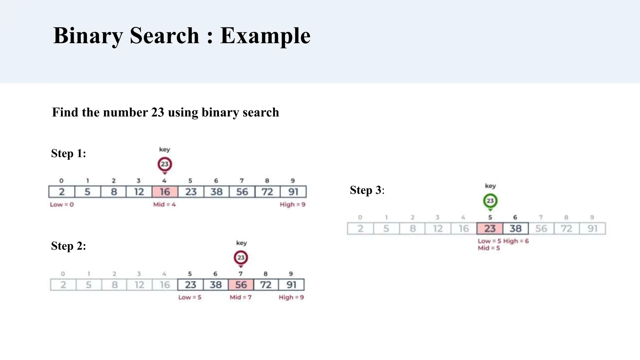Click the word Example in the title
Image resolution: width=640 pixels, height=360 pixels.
tap(265, 36)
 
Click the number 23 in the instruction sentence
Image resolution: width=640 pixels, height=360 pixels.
tap(158, 112)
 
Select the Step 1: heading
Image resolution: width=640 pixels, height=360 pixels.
tap(68, 153)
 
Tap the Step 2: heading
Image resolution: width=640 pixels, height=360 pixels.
tap(68, 246)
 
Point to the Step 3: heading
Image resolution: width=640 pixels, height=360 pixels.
tap(367, 190)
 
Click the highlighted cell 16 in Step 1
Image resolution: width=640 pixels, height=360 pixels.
tap(165, 192)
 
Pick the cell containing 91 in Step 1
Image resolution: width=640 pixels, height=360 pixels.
tap(293, 192)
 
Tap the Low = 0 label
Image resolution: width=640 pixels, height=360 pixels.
tap(62, 205)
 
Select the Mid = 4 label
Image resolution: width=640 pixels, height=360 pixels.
tap(164, 205)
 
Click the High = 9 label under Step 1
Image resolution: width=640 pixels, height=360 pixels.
tap(292, 205)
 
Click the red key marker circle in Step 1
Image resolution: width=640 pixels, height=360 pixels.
tap(165, 164)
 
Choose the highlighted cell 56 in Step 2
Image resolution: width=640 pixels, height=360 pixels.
tap(241, 285)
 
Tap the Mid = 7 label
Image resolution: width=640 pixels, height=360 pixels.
tap(241, 297)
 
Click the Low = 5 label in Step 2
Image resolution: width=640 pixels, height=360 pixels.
tap(190, 297)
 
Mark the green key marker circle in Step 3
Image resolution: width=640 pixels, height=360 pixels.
tap(490, 201)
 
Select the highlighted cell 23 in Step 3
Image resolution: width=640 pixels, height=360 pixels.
tap(490, 228)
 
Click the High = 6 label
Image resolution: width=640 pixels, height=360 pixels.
tap(516, 241)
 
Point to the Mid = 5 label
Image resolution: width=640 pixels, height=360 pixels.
tap(489, 248)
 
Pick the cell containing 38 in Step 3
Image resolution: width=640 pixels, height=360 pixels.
tap(516, 228)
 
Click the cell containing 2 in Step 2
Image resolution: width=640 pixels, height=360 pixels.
tap(63, 285)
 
